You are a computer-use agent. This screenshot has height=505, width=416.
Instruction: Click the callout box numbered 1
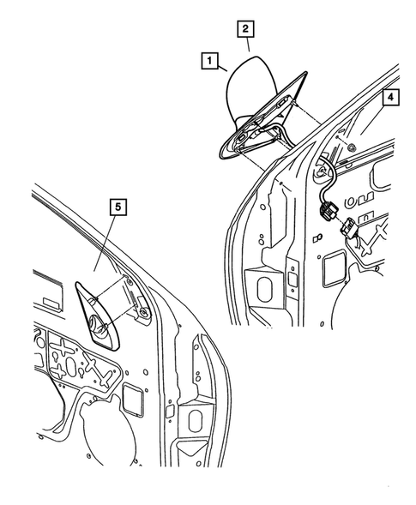click(207, 62)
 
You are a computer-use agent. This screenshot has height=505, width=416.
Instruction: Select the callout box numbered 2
click(245, 28)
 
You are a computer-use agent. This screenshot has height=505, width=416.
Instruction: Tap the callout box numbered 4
click(389, 99)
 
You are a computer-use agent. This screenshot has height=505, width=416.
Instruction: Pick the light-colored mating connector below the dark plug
click(349, 230)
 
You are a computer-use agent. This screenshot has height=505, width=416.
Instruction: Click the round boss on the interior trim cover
click(97, 327)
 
